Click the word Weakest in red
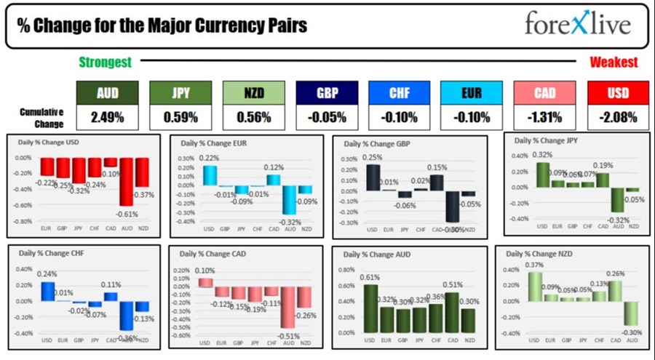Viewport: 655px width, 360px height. tap(614, 63)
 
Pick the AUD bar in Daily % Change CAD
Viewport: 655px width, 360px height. tap(289, 306)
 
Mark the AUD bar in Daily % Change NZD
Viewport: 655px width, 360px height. tap(630, 313)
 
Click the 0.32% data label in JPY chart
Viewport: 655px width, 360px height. tap(543, 155)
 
